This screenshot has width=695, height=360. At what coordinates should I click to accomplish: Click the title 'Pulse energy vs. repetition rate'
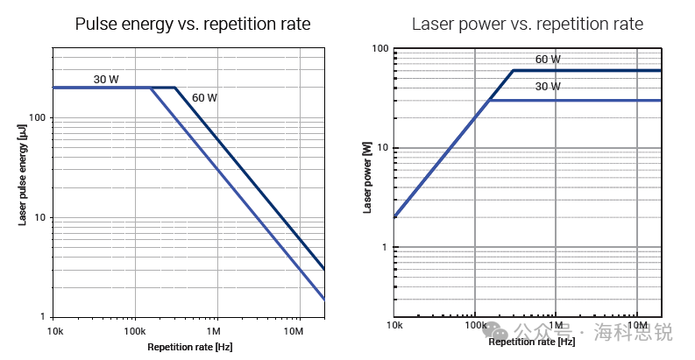pyautogui.click(x=193, y=24)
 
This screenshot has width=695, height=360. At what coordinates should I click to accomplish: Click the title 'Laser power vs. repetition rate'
pyautogui.click(x=528, y=24)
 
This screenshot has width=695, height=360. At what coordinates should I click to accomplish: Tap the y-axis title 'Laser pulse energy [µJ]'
pyautogui.click(x=23, y=174)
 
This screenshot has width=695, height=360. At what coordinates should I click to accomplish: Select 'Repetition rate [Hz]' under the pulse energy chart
pyautogui.click(x=189, y=348)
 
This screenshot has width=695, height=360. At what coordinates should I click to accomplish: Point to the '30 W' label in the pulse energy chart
pyautogui.click(x=106, y=80)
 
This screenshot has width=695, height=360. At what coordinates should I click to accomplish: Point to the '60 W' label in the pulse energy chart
pyautogui.click(x=204, y=98)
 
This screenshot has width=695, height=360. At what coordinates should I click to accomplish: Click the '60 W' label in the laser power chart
pyautogui.click(x=548, y=60)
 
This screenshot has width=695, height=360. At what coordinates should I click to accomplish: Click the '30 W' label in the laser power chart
pyautogui.click(x=548, y=86)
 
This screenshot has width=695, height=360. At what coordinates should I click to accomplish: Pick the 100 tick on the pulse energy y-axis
pyautogui.click(x=38, y=117)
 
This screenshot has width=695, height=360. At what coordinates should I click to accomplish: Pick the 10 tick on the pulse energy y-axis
pyautogui.click(x=40, y=217)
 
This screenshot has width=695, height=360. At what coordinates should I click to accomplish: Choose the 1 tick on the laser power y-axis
pyautogui.click(x=384, y=247)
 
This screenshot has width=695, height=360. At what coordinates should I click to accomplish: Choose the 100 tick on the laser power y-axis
pyautogui.click(x=379, y=48)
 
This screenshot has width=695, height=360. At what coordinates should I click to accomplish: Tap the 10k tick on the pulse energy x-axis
pyautogui.click(x=54, y=332)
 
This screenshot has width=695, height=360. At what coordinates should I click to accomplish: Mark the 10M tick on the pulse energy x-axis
pyautogui.click(x=294, y=332)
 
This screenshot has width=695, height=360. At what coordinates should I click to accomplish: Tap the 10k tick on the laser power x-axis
pyautogui.click(x=394, y=326)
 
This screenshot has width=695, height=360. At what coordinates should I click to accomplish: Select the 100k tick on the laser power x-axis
pyautogui.click(x=475, y=326)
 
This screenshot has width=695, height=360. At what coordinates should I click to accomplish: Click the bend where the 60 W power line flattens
pyautogui.click(x=513, y=70)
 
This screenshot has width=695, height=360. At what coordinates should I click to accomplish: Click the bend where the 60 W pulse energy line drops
pyautogui.click(x=174, y=88)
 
